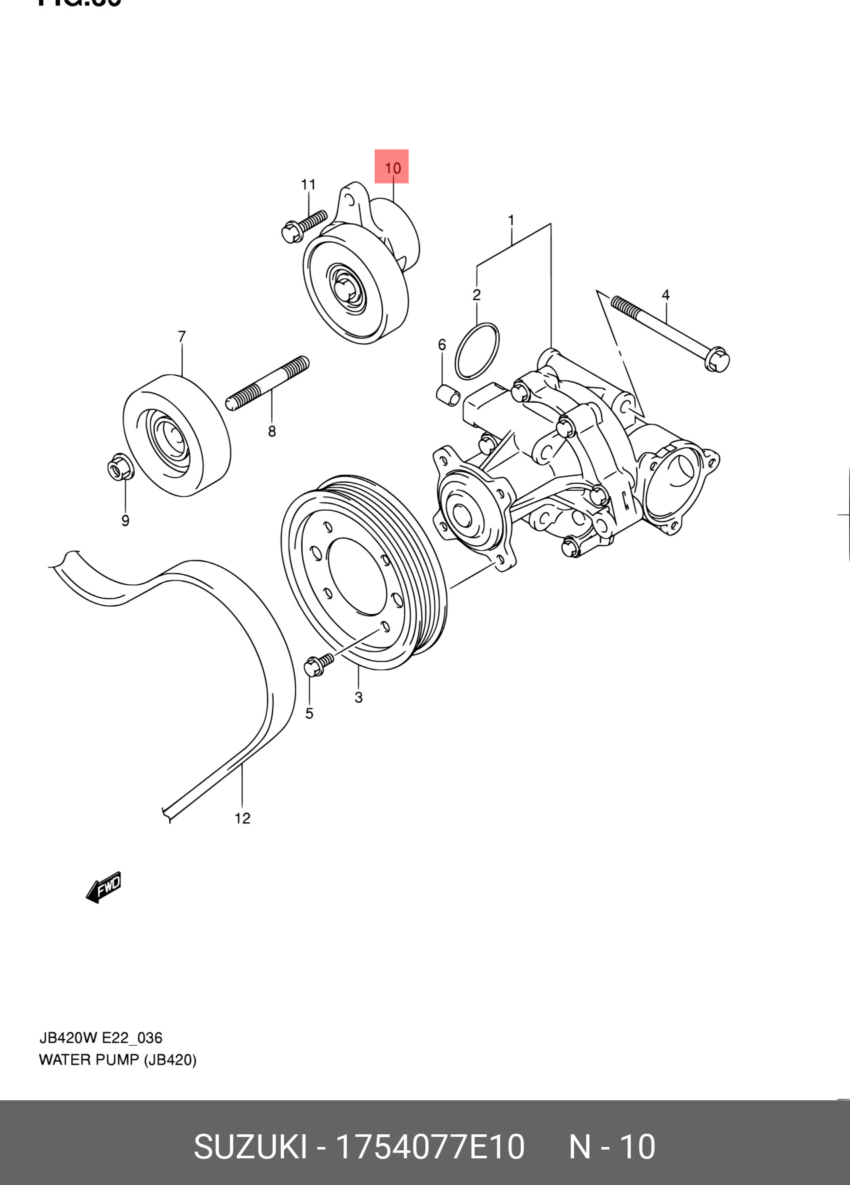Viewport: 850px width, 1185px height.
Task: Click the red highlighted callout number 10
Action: [392, 167]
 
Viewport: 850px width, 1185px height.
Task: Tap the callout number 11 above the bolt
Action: [308, 185]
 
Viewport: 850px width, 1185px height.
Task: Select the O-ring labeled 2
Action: [477, 351]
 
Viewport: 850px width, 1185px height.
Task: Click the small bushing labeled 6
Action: [448, 394]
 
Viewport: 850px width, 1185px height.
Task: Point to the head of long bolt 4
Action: [717, 359]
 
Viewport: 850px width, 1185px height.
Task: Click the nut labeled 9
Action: [121, 467]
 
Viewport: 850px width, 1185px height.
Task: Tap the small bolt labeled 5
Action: [317, 665]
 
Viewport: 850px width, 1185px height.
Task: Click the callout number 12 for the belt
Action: [242, 818]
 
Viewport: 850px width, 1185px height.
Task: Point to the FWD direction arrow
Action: [104, 888]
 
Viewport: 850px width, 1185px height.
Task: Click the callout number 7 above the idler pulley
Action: [181, 337]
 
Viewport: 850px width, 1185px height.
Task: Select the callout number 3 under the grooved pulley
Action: [359, 698]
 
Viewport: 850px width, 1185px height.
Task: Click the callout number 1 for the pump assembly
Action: [511, 220]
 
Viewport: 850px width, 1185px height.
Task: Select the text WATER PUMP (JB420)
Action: [117, 1060]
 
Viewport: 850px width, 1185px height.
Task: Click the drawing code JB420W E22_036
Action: [101, 1038]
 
